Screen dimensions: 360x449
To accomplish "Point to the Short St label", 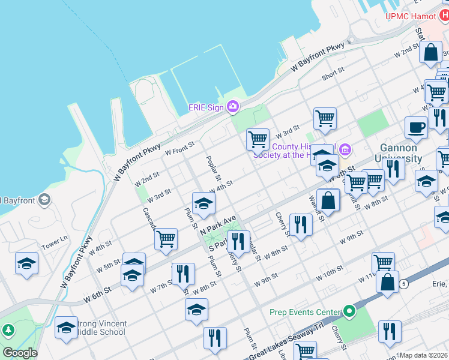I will [x=333, y=73].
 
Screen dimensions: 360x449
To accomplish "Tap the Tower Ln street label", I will [x=55, y=247].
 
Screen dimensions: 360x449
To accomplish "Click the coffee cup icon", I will [x=416, y=127].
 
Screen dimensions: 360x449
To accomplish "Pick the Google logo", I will [x=20, y=353].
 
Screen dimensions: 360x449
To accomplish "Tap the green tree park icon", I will [x=7, y=331].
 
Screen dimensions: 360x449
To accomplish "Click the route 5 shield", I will [x=405, y=284].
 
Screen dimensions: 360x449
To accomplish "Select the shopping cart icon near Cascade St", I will [x=166, y=239].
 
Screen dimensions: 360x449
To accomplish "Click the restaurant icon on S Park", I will [x=238, y=241].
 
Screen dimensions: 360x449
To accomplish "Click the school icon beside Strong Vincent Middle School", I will [x=66, y=327].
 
